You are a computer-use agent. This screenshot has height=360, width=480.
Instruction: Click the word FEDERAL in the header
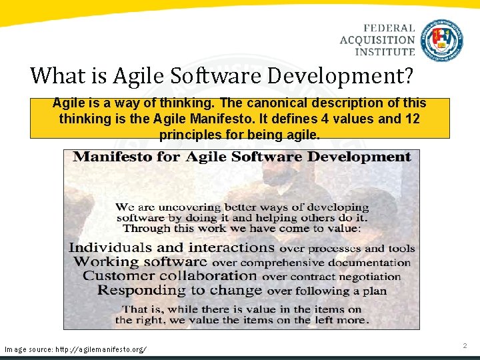point(389,28)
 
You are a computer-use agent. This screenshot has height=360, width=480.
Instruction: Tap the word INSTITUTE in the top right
point(385,52)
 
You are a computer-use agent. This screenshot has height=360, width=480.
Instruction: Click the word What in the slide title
point(53,75)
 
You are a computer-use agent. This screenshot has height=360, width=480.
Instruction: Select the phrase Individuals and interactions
point(171,247)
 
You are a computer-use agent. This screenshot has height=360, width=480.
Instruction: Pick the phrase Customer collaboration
point(170,276)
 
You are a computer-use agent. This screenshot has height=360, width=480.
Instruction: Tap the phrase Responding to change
point(179,290)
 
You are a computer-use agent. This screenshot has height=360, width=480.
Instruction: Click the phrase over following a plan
point(327,291)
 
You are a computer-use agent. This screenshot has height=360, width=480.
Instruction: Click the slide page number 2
point(465,345)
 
